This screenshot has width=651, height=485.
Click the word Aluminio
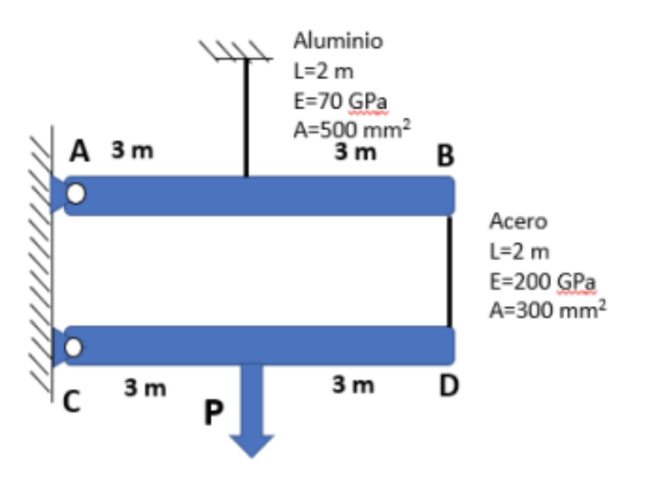[338, 41]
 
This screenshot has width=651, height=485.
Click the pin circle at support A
[76, 194]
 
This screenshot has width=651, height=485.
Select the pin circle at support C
[75, 346]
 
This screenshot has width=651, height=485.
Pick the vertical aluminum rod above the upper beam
[246, 118]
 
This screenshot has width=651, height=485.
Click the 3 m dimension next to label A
[130, 153]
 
